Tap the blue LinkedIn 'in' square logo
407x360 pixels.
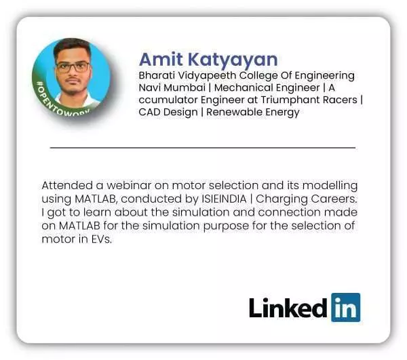pyautogui.click(x=346, y=307)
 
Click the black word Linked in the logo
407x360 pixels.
pyautogui.click(x=288, y=308)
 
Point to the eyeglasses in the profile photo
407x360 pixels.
pyautogui.click(x=73, y=67)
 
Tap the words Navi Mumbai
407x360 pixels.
pyautogui.click(x=172, y=87)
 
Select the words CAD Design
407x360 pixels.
pyautogui.click(x=168, y=113)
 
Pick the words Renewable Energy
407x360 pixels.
pyautogui.click(x=253, y=113)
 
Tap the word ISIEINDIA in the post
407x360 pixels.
pyautogui.click(x=224, y=199)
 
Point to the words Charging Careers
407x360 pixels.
pyautogui.click(x=307, y=199)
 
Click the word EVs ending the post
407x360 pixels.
pyautogui.click(x=102, y=239)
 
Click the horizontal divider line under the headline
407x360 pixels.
pyautogui.click(x=203, y=148)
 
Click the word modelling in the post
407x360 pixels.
pyautogui.click(x=330, y=186)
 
